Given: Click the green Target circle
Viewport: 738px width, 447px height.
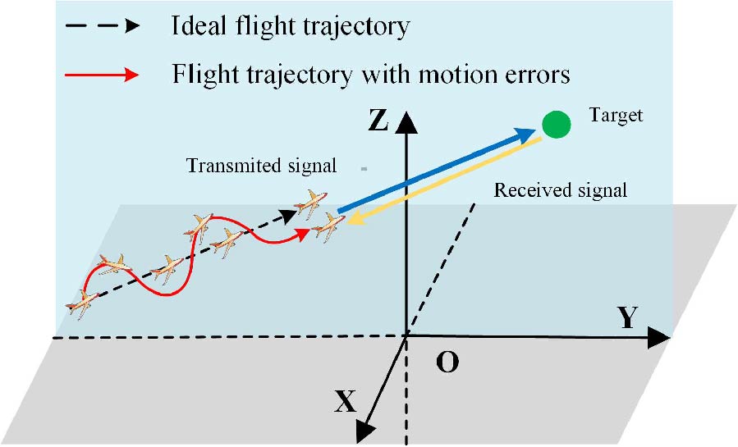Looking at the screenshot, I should pos(556,125).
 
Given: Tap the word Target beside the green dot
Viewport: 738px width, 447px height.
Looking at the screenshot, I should pos(617,116).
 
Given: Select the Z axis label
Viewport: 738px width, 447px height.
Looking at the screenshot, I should pos(378,121).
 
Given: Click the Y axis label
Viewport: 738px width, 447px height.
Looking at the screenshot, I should pos(627,319).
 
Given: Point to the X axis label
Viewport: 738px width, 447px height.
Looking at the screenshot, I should pos(346,400).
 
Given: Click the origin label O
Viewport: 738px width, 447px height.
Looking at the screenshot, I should pos(447,362).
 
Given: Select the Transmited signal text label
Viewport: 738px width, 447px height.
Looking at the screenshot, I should pos(262,166).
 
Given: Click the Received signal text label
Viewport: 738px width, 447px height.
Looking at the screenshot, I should pos(561,191).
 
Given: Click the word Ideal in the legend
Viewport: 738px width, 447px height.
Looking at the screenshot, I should pos(197,26).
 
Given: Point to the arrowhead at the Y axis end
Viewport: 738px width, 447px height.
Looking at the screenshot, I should pos(661,336).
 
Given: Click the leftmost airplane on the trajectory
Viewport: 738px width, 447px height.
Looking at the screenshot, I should pos(83,303).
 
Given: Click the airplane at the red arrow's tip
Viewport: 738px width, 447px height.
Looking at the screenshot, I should pos(328,226).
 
